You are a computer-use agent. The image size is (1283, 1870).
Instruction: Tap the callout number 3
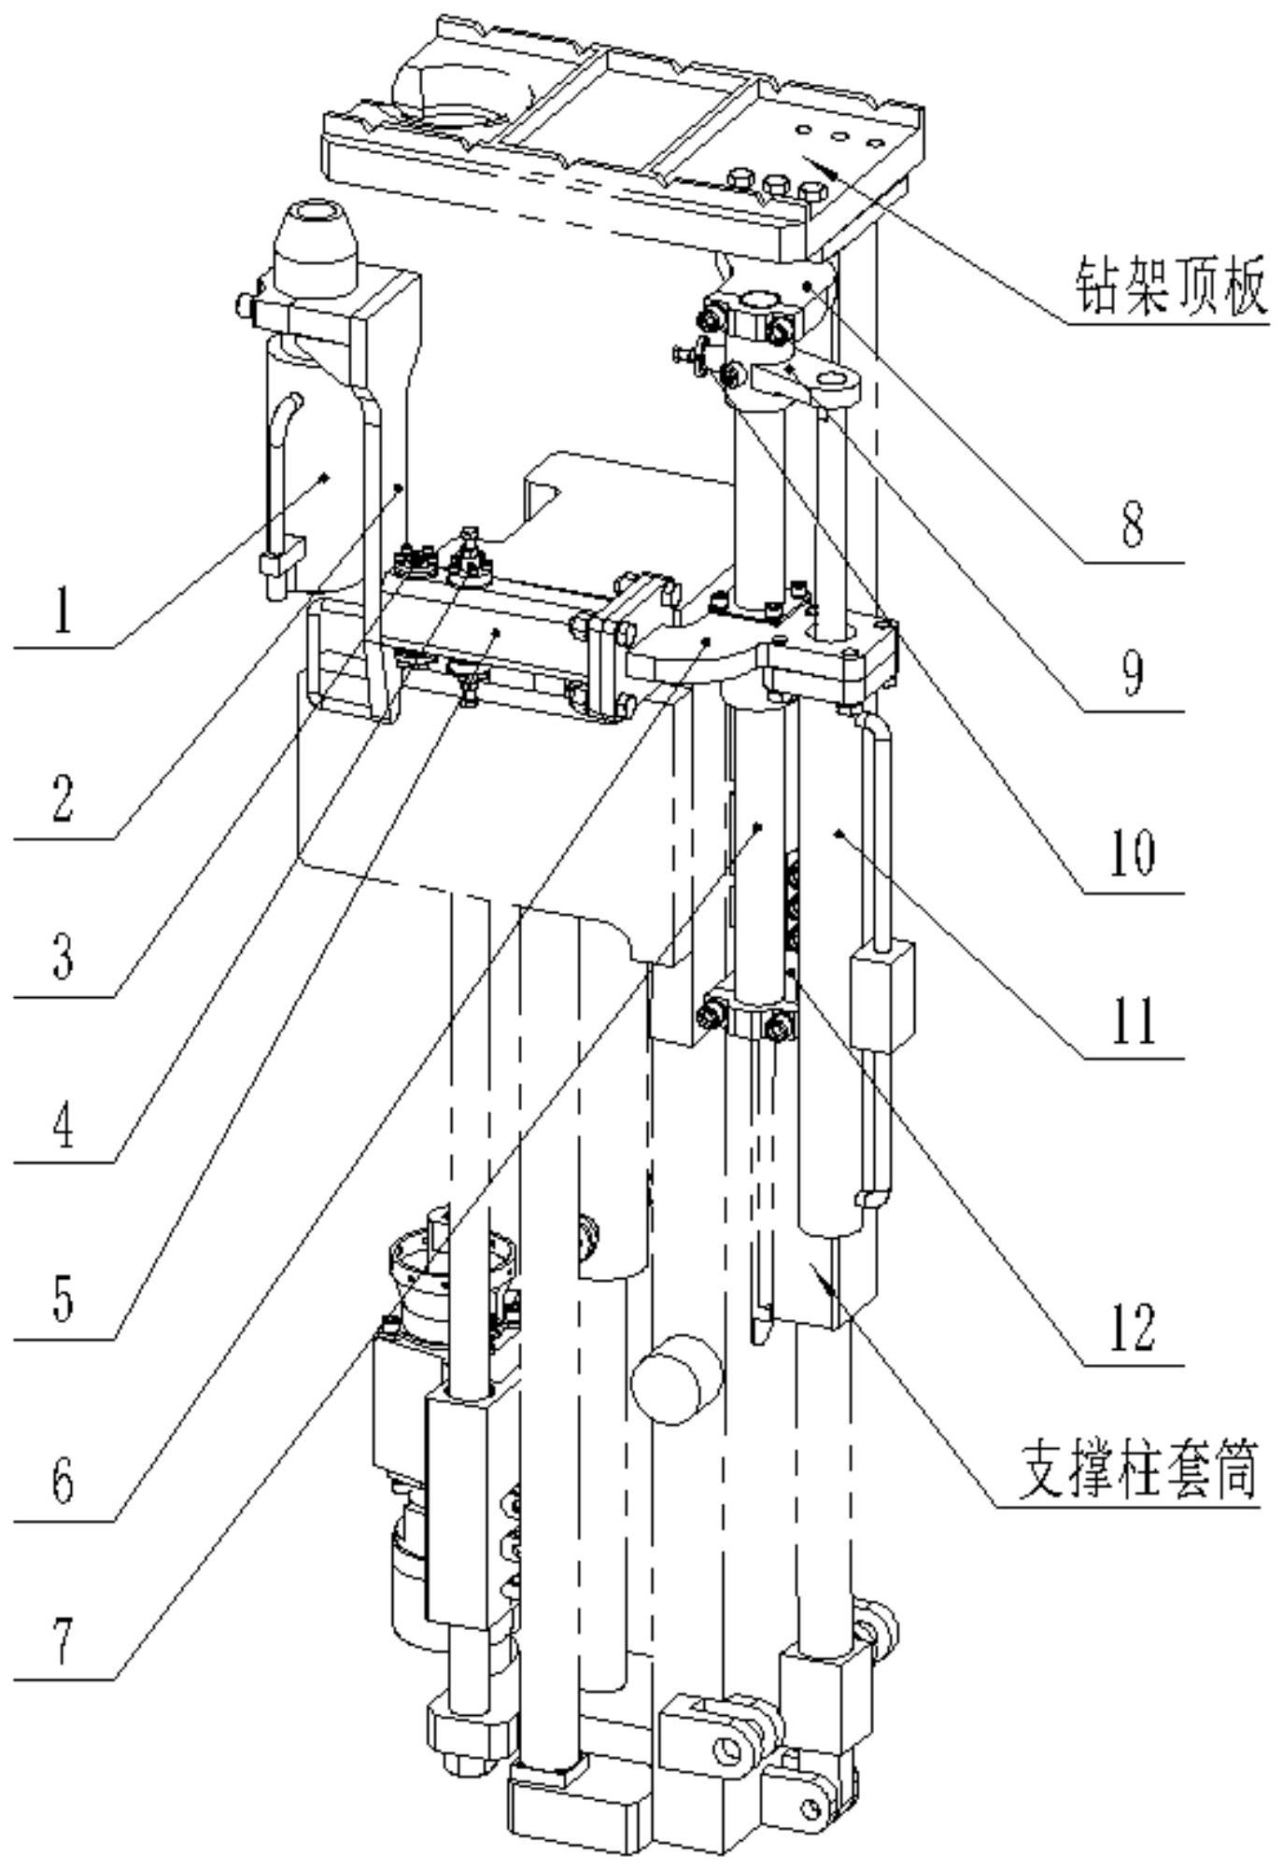[62, 958]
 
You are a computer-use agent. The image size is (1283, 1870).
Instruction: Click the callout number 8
[1132, 526]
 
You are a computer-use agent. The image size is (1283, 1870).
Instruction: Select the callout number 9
[1132, 674]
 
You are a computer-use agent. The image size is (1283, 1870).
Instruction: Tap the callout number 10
[1132, 852]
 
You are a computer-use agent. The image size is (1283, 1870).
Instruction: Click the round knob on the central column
[677, 1378]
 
